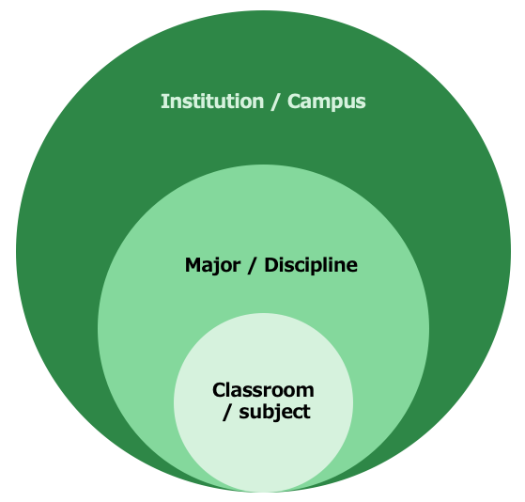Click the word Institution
212,102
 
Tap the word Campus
327,102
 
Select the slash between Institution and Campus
275,102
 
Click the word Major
212,266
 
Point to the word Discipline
311,266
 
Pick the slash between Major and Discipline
252,266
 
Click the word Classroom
263,390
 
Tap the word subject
274,412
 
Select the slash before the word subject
226,412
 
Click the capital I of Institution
163,102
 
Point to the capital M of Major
193,265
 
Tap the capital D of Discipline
271,265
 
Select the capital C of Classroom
220,390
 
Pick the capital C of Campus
295,102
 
